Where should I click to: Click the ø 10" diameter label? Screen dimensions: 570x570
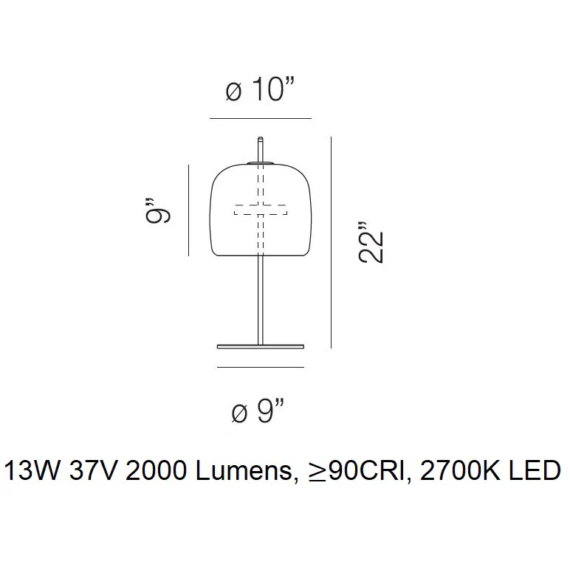[259, 89]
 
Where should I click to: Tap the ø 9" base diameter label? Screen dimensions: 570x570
[258, 411]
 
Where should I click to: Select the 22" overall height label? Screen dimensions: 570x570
[371, 242]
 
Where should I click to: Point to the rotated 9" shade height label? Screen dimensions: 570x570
[158, 210]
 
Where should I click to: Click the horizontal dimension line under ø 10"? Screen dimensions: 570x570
[261, 118]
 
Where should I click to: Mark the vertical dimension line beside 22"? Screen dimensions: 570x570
[331, 242]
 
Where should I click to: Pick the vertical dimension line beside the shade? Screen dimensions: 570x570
[189, 210]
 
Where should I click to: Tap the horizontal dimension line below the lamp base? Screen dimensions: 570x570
[261, 367]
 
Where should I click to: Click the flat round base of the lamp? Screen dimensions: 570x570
[261, 347]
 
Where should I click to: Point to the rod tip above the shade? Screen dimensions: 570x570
[261, 139]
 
